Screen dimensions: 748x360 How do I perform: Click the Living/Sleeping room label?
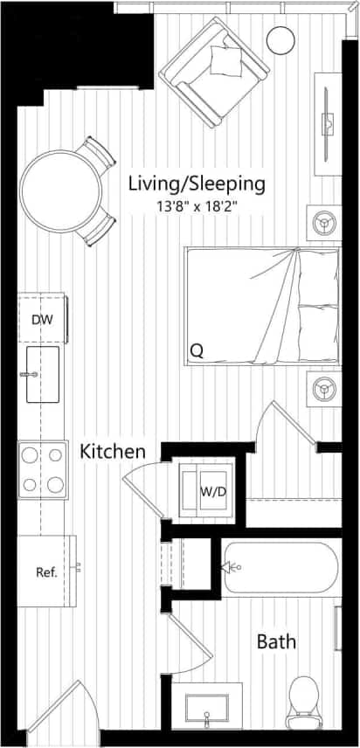(196, 184)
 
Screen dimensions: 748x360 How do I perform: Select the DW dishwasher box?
(43, 319)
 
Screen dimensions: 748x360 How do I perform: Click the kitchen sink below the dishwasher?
(42, 374)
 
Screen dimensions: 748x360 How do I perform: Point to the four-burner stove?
(43, 469)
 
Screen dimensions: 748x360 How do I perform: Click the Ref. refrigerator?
(45, 572)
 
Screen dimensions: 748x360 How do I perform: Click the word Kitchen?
(112, 452)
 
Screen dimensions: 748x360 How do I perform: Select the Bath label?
(275, 642)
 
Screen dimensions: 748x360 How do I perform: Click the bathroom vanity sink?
(207, 707)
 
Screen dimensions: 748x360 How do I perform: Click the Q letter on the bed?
(197, 351)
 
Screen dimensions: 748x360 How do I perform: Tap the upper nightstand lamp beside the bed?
(324, 223)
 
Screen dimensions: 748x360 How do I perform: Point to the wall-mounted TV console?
(329, 122)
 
